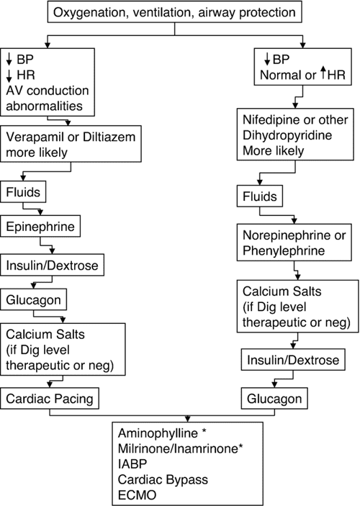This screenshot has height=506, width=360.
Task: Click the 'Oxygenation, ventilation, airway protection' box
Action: pos(179,13)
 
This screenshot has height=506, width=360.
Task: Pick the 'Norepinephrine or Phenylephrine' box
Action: pos(296,243)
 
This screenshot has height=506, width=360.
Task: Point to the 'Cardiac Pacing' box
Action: pos(50,397)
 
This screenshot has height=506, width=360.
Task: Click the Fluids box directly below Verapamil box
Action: pos(26,193)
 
